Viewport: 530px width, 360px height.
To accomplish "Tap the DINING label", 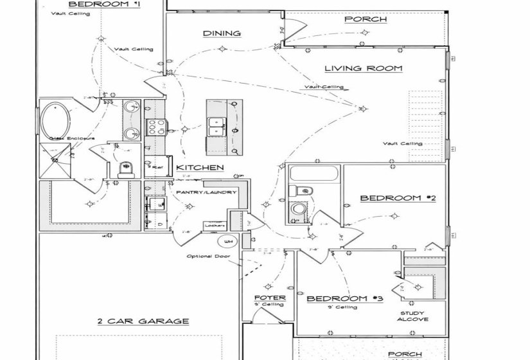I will click(x=222, y=33).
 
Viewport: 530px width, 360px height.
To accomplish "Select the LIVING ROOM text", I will click(x=363, y=68).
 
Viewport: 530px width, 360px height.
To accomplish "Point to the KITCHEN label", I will click(x=204, y=167).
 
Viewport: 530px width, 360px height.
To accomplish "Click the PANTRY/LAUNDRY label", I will click(x=206, y=192).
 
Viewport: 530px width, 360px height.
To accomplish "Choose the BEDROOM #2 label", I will click(x=398, y=198).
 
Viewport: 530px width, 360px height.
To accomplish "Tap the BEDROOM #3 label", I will click(x=344, y=298).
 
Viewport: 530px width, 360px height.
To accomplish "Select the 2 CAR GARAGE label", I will click(x=143, y=321).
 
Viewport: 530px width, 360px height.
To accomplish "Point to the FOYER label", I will click(x=269, y=298).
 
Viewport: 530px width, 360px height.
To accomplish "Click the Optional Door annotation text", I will click(x=209, y=256).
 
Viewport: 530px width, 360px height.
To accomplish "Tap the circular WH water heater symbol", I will click(x=227, y=242).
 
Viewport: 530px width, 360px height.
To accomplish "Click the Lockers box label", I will click(x=213, y=226).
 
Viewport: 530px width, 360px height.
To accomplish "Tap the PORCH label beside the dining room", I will click(x=366, y=19).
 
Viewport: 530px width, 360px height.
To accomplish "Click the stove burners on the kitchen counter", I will click(x=156, y=126).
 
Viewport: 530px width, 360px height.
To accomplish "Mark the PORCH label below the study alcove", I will click(x=405, y=354).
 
